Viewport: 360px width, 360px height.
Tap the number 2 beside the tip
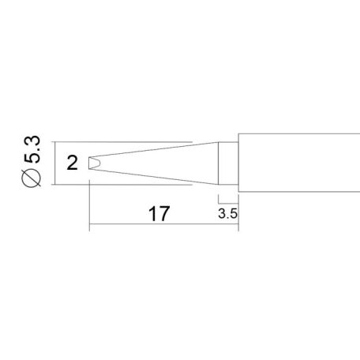73,163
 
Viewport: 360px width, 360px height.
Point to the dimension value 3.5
227,213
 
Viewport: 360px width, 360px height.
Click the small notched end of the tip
93,163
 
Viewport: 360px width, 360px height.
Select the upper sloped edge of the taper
158,150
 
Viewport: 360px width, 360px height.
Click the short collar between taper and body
227,164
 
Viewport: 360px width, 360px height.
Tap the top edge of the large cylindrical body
300,134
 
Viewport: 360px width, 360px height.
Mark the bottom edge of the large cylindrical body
300,194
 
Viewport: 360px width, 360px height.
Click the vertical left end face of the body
236,164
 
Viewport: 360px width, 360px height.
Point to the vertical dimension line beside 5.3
54,164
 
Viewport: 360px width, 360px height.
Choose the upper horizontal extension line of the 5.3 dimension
118,143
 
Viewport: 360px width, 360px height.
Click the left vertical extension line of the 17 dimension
89,205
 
